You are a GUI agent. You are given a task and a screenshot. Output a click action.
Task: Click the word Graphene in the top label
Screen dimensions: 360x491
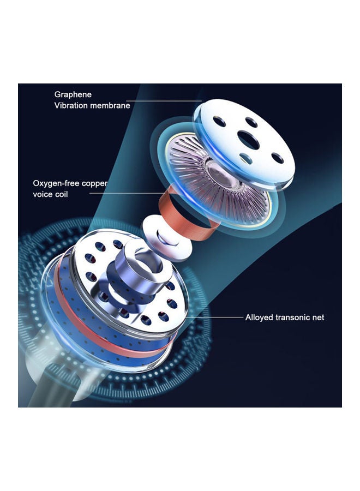(73, 94)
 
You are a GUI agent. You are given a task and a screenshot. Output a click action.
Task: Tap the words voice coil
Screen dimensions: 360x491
(50, 194)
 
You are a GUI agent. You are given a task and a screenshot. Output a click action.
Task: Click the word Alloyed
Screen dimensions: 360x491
(256, 318)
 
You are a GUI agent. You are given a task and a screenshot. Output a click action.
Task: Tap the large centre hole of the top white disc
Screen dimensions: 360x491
(248, 140)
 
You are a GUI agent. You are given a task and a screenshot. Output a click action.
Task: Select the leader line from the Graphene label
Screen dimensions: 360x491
(164, 101)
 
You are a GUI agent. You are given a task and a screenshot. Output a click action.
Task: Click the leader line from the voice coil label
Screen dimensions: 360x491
(126, 193)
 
